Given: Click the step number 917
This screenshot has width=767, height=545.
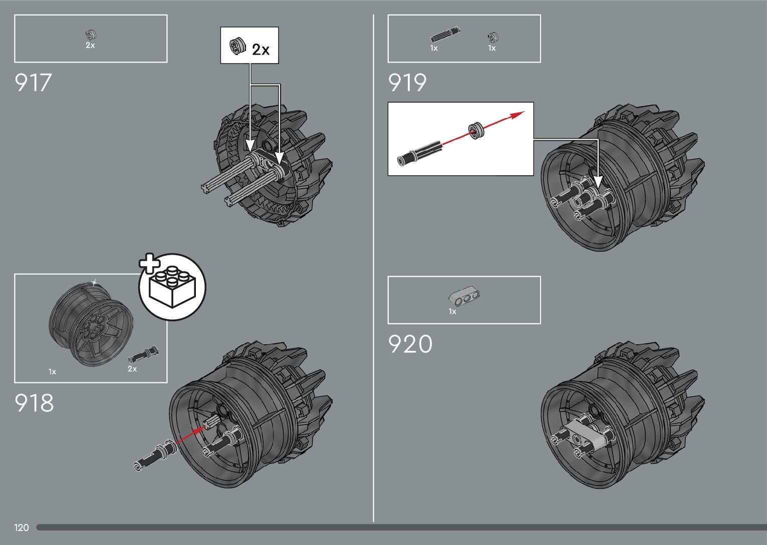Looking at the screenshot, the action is [33, 83].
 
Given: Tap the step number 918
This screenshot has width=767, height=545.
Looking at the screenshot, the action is [34, 403].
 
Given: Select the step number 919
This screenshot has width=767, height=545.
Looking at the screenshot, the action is [407, 83].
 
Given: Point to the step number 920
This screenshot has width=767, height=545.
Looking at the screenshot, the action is [410, 345].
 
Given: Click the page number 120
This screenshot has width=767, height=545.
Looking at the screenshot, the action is [22, 527].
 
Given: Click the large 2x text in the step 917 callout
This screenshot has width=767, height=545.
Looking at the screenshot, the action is [261, 50].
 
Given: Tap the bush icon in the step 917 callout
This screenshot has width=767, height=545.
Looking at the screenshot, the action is [237, 46].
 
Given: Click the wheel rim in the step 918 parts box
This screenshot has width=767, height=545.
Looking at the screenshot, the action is [91, 323].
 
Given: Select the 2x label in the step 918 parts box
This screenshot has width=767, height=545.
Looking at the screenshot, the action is [132, 369].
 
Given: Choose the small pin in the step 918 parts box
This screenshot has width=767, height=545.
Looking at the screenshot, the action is [143, 354].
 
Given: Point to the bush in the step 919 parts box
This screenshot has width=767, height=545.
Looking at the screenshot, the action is [492, 37].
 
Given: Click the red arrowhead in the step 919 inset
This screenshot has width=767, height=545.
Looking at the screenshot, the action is [518, 115].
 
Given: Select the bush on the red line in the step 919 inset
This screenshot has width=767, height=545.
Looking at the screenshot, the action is [475, 130].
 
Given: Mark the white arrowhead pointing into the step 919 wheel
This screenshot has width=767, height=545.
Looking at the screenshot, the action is [598, 182].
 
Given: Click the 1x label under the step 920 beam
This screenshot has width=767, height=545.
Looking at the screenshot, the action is [452, 312].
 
